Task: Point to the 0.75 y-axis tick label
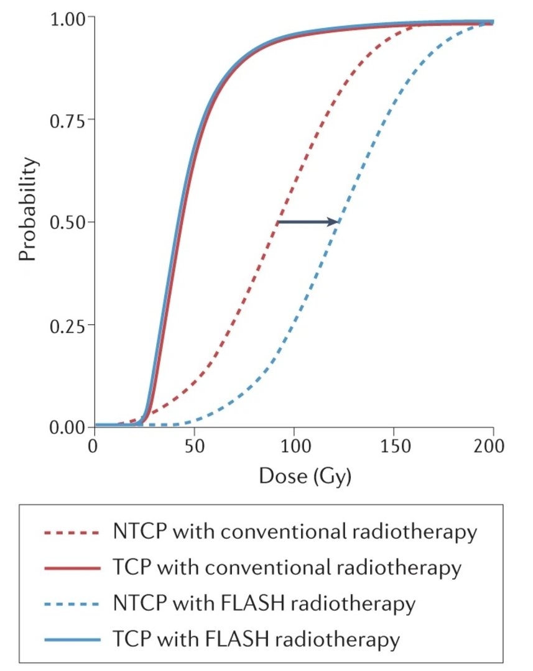(x=67, y=119)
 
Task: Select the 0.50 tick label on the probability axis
(x=67, y=222)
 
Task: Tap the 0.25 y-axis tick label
(x=67, y=325)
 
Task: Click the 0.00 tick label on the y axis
(x=67, y=427)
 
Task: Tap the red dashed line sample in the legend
(x=72, y=532)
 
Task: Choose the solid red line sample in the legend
(x=72, y=568)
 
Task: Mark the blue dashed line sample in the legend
(x=72, y=603)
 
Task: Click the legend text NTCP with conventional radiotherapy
(x=295, y=532)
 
